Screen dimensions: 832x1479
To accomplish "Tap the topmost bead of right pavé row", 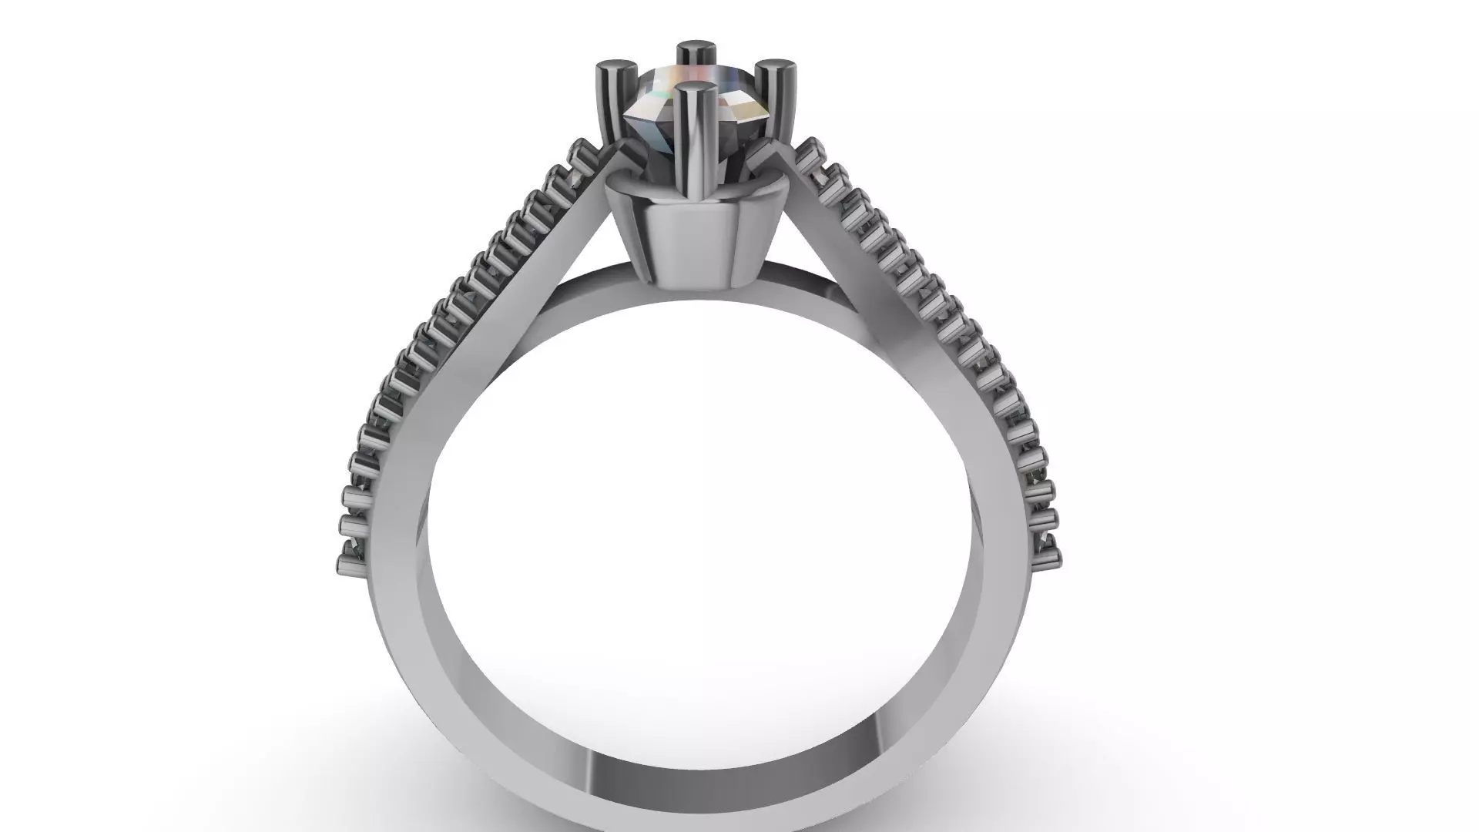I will coord(809,148).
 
